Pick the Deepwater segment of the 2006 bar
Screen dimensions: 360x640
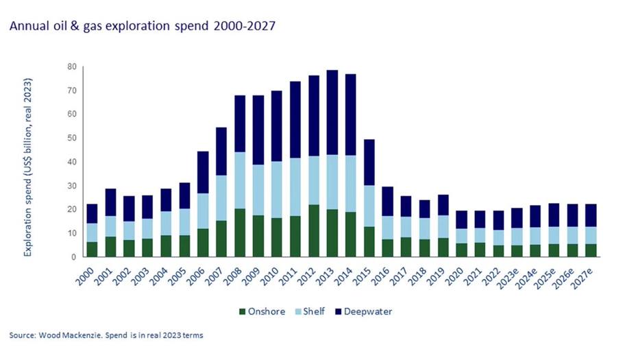click(203, 172)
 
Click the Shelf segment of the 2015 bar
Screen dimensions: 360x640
click(369, 206)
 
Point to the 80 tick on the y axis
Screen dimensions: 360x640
click(71, 67)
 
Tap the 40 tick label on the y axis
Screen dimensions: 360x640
click(71, 162)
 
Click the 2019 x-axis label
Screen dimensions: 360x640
click(440, 272)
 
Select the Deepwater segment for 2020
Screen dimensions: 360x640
click(460, 220)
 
